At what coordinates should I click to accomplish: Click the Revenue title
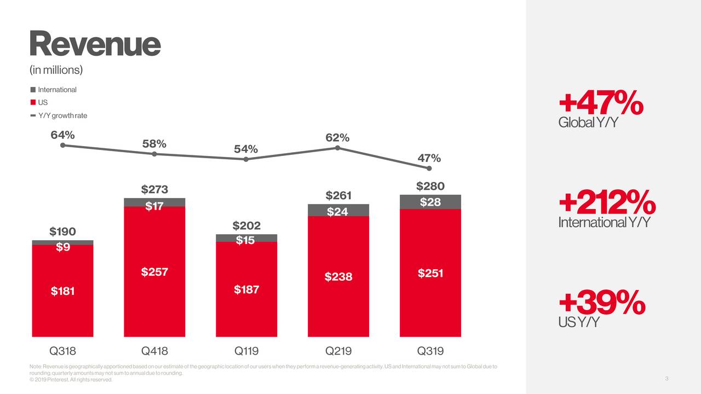click(95, 44)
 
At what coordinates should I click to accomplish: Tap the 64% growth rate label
click(62, 135)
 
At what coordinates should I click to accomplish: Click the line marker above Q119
click(246, 159)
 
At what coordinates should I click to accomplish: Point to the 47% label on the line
click(429, 158)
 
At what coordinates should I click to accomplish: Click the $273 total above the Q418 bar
click(154, 189)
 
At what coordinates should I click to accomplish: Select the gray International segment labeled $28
click(430, 202)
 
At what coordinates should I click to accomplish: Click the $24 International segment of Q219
click(338, 211)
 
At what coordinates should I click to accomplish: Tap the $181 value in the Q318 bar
click(62, 291)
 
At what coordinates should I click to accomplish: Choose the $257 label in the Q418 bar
click(154, 272)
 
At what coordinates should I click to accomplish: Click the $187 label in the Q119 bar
click(246, 289)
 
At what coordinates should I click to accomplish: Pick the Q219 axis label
click(338, 351)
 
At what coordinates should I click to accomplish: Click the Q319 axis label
click(430, 351)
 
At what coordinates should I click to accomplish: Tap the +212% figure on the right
click(607, 203)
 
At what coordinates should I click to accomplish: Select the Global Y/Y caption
click(588, 123)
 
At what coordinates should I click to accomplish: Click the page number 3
click(666, 379)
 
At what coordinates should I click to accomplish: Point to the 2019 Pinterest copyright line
click(71, 380)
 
